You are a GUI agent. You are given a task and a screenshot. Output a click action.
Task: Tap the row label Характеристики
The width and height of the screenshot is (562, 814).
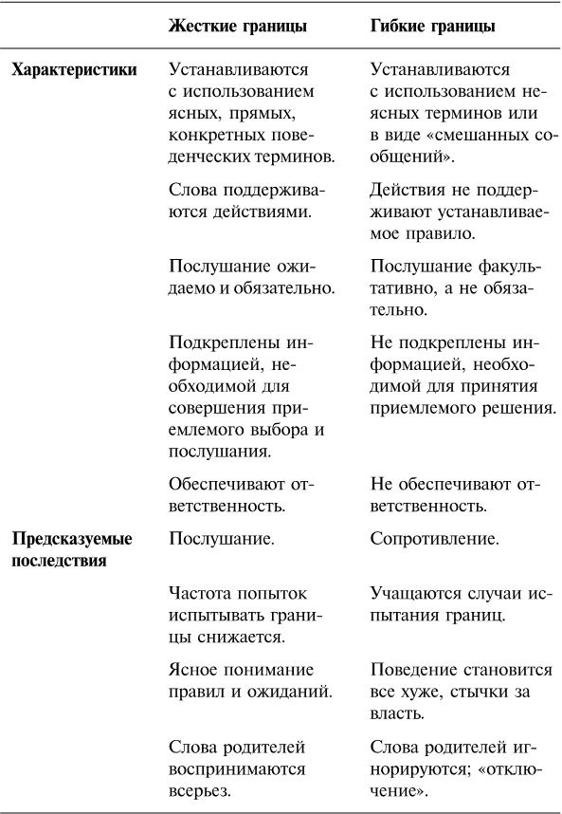(73, 70)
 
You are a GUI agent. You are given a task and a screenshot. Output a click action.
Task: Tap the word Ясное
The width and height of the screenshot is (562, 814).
(192, 669)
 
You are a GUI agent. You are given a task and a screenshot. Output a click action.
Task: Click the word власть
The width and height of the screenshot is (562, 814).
(396, 712)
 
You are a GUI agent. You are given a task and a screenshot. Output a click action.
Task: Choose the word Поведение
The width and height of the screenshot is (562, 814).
(413, 669)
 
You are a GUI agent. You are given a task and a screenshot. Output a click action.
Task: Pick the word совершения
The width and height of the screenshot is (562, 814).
(213, 409)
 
